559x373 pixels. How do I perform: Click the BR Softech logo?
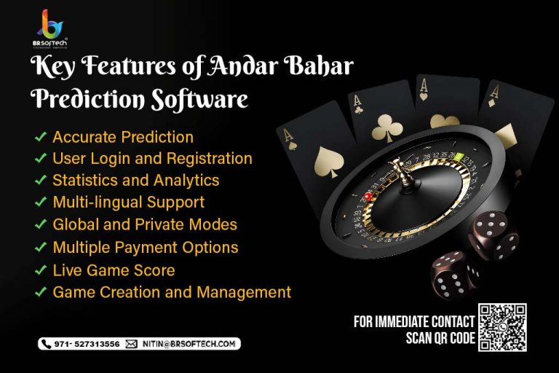[50, 28]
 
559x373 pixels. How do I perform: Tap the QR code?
[502, 327]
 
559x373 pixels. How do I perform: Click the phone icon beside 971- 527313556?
[47, 344]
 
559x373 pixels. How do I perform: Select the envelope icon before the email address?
[131, 344]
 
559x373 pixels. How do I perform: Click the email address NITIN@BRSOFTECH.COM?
[189, 344]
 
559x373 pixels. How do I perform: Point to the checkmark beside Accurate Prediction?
[41, 136]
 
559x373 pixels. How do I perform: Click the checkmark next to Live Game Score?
[41, 270]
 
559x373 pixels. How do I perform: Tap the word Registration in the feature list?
[210, 160]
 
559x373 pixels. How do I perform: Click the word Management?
[244, 292]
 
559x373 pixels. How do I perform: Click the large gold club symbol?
[387, 128]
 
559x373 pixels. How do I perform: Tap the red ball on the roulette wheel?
[368, 196]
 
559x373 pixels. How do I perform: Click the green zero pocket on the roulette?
[459, 156]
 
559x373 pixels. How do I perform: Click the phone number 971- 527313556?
[87, 344]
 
